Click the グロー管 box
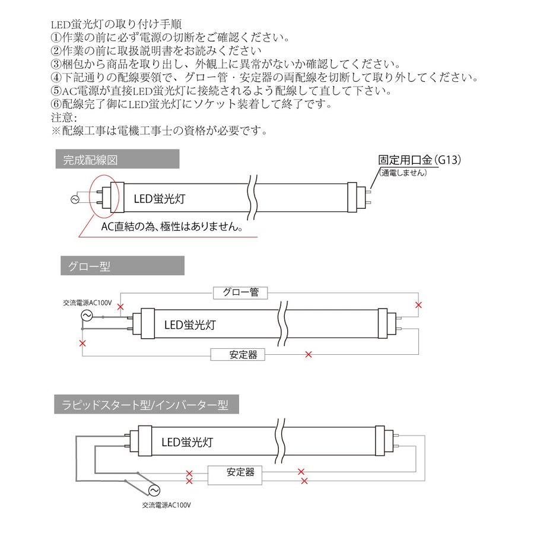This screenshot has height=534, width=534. tap(240, 293)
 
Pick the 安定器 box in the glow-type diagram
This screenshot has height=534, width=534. tap(237, 355)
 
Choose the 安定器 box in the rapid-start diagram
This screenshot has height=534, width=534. tap(240, 473)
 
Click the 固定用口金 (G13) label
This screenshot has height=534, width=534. tap(419, 160)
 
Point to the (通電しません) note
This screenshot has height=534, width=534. tap(404, 173)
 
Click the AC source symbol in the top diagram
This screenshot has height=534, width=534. tap(75, 200)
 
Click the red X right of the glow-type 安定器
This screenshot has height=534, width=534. tap(307, 355)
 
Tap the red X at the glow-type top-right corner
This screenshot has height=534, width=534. tap(418, 305)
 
